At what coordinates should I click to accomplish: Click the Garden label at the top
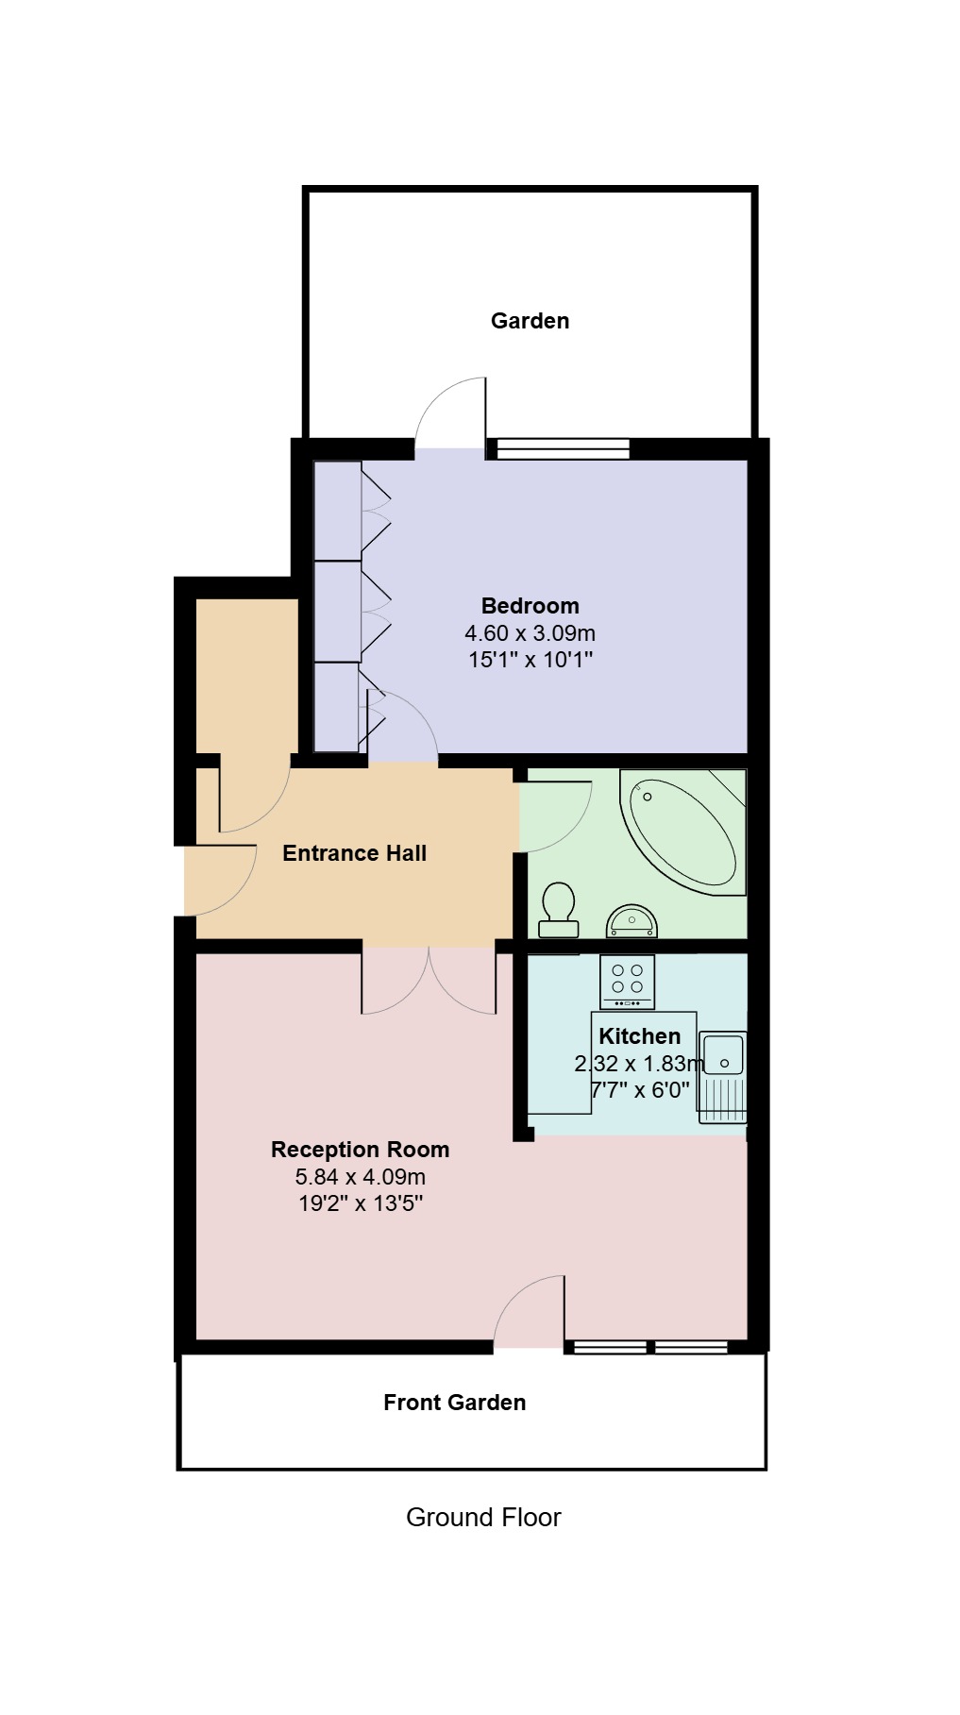point(530,321)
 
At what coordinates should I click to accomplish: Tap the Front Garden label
point(454,1403)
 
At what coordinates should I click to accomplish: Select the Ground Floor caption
point(483,1518)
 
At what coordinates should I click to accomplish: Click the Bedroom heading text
point(530,606)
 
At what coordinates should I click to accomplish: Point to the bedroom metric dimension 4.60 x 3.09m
point(530,633)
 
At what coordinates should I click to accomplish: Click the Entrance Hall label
point(355,853)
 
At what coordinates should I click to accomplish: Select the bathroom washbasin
point(632,920)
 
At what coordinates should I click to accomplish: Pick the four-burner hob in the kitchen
point(628,982)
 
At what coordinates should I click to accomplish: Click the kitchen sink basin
point(723,1053)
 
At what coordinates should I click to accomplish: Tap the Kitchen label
point(639,1036)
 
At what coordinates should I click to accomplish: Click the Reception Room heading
point(360,1150)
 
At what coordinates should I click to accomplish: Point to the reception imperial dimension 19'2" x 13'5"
point(360,1203)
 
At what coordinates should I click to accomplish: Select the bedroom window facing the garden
point(564,449)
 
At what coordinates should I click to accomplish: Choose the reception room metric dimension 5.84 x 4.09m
point(360,1177)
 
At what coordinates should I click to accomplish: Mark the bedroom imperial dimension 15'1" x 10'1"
point(530,660)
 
